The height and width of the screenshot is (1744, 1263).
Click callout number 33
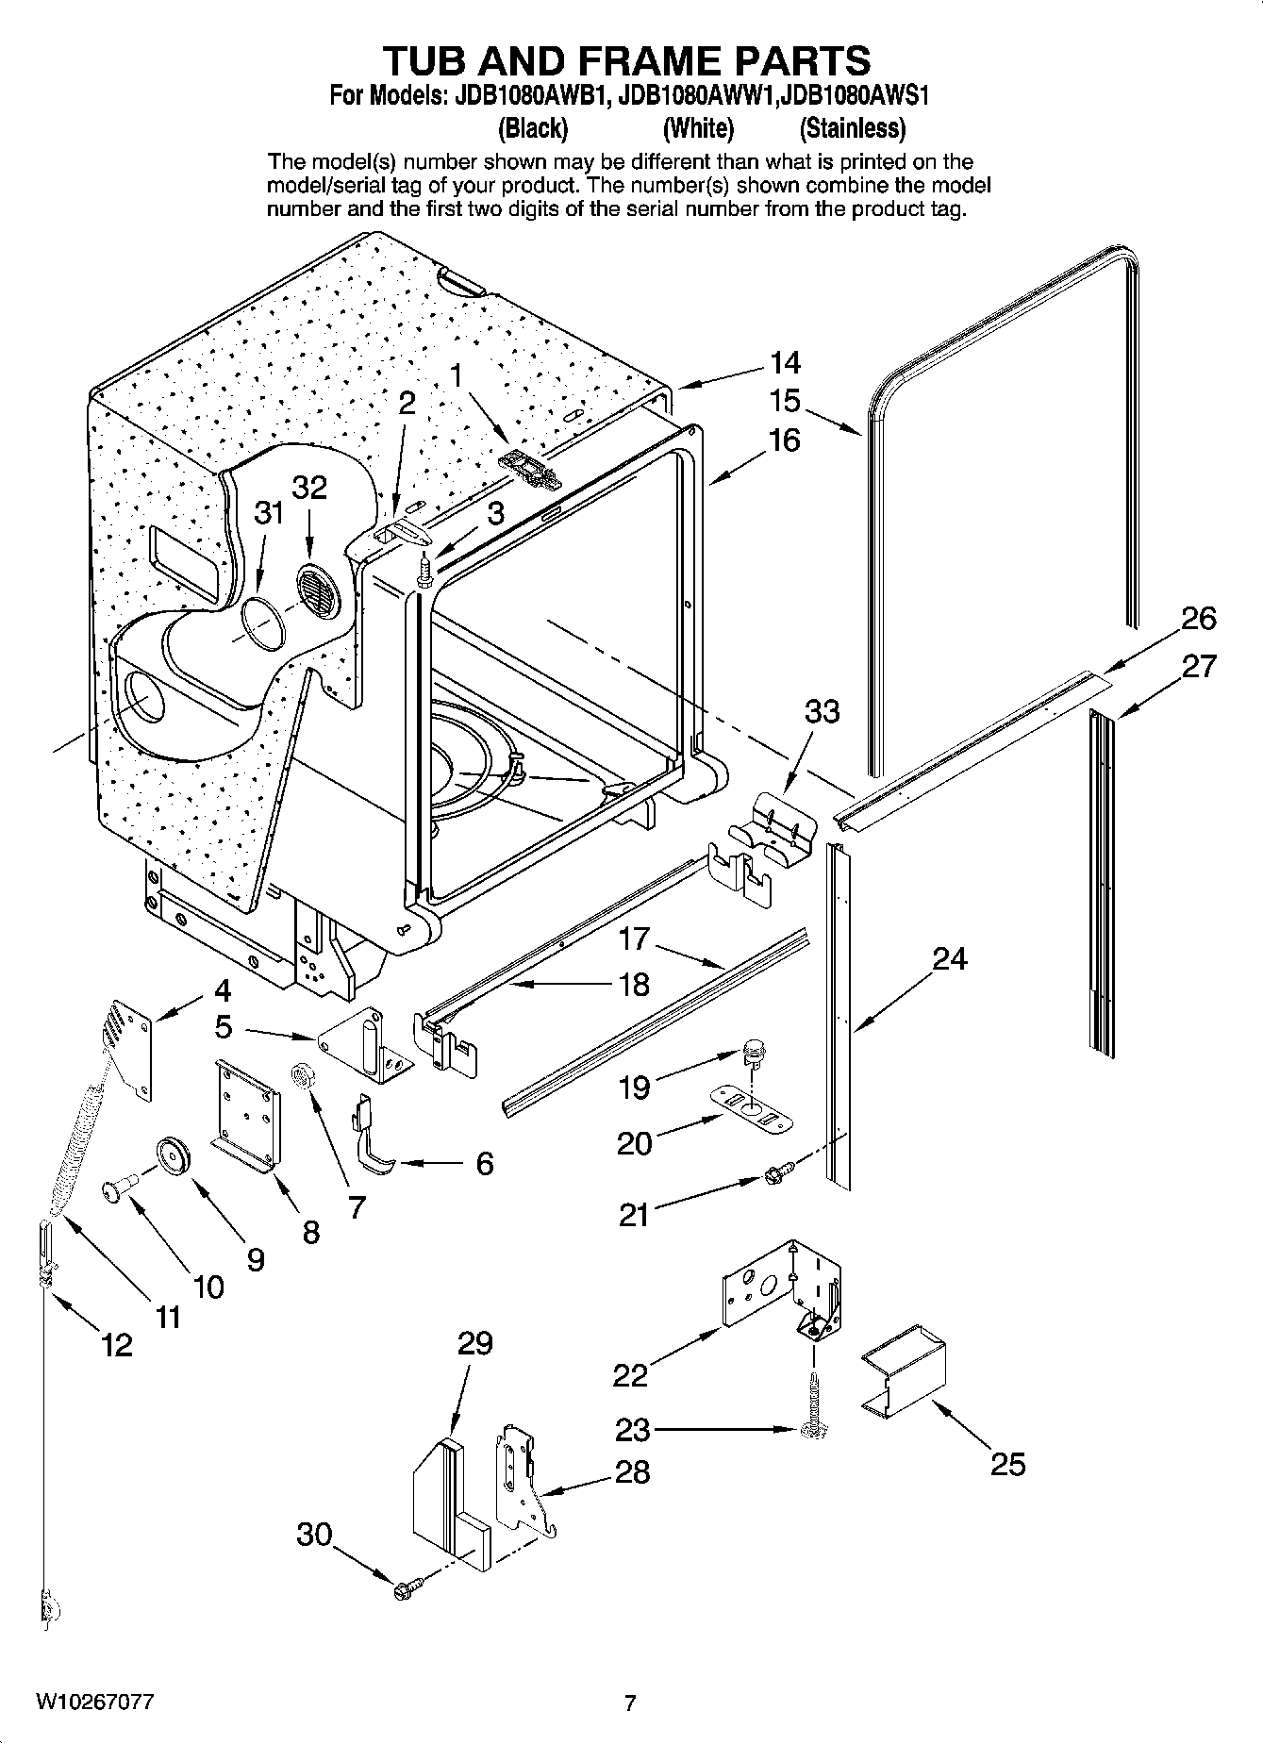coord(822,710)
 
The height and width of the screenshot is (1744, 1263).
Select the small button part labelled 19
coord(753,1049)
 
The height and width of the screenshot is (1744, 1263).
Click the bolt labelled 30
coord(405,1589)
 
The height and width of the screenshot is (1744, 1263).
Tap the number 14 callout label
coord(785,362)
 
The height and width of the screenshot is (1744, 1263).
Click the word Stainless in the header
coord(852,127)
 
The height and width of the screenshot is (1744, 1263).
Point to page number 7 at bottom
coord(630,1702)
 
